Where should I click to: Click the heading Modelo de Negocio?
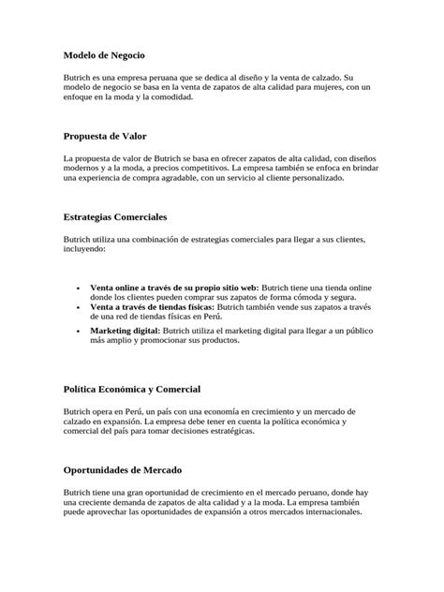click(104, 56)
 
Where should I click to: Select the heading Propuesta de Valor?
click(105, 136)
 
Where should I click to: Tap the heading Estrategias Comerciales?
click(115, 216)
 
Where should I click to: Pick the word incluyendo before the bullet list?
click(84, 249)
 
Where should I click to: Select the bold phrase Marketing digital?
click(126, 331)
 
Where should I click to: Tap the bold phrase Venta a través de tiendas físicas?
click(153, 306)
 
